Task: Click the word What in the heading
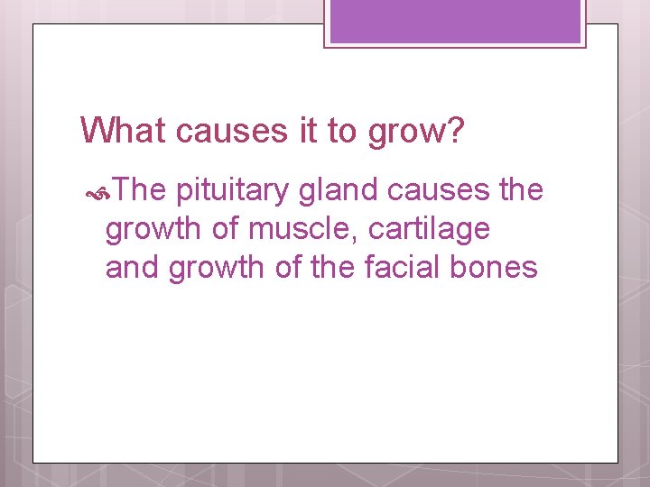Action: tap(125, 131)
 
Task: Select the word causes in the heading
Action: tap(232, 132)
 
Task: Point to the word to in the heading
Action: tap(343, 132)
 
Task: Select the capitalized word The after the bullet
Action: tap(140, 190)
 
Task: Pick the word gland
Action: tap(333, 190)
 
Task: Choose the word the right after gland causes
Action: tap(521, 190)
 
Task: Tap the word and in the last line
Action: tap(133, 268)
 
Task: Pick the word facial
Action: tap(398, 268)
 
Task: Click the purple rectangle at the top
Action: tap(455, 22)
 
